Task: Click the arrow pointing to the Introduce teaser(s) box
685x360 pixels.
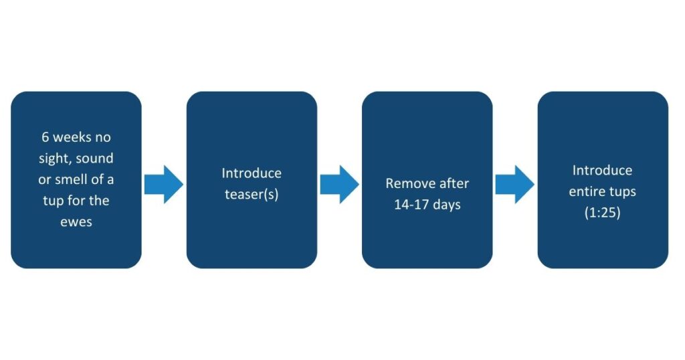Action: pos(164,185)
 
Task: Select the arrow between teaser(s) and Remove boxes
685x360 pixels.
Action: pos(339,185)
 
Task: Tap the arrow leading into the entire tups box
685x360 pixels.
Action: pos(514,185)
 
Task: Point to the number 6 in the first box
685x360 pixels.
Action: pos(45,137)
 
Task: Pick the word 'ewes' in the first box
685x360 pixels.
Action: pos(76,222)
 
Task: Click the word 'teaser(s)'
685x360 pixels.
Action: pos(252,195)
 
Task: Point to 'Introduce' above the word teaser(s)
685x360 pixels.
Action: pos(252,173)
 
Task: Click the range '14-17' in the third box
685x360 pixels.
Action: pos(413,205)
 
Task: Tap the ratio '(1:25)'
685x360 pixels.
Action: pos(603,213)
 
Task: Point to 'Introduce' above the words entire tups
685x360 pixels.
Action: pos(603,170)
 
